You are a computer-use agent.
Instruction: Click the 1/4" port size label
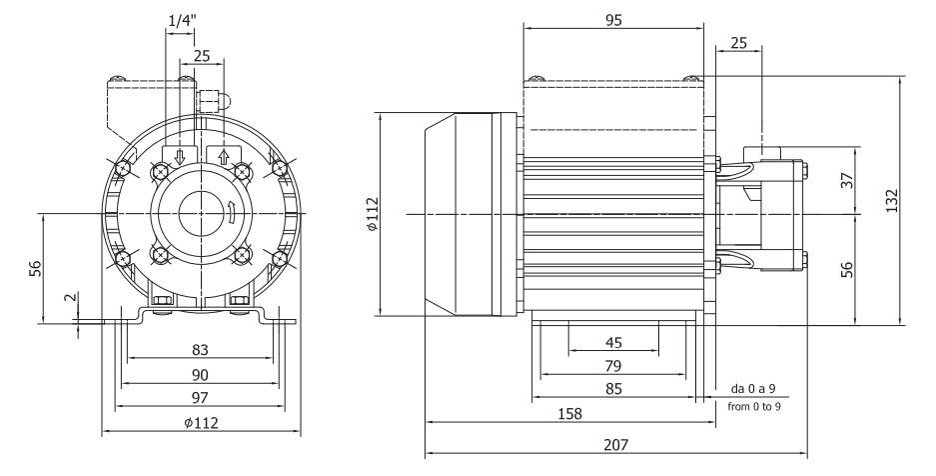(x=181, y=19)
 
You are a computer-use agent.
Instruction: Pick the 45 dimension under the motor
(x=613, y=342)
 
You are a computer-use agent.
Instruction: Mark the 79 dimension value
(x=613, y=366)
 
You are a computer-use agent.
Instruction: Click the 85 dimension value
(x=613, y=390)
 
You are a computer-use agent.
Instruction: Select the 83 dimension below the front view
(x=201, y=349)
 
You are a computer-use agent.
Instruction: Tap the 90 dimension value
(x=201, y=374)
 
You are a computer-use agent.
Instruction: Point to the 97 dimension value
(x=201, y=398)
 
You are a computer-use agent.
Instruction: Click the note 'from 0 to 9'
(x=754, y=406)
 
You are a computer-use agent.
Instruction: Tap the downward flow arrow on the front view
(x=181, y=157)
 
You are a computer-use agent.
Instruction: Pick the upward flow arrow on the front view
(x=224, y=157)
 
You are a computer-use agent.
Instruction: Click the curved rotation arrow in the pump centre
(x=231, y=211)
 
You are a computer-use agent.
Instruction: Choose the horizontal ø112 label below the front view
(x=201, y=422)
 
